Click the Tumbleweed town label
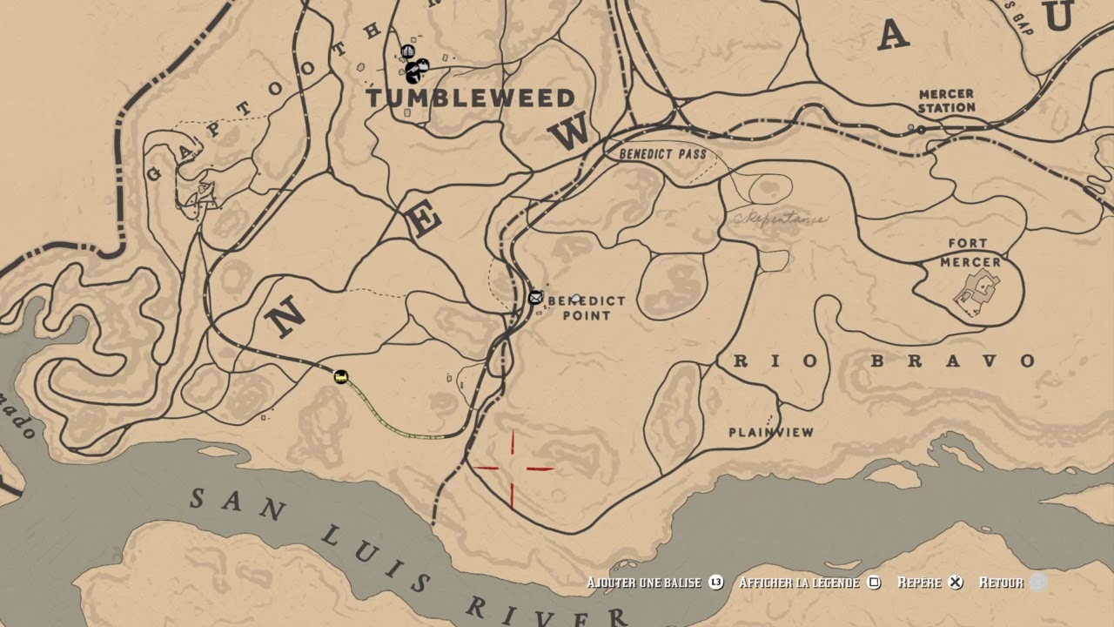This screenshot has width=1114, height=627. tap(470, 98)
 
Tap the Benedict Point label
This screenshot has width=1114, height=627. tap(586, 307)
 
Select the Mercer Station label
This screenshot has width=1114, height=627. tap(946, 101)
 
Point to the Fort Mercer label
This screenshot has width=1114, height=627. tap(970, 253)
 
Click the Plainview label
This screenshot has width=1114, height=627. tap(771, 432)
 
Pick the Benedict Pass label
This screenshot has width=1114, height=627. tap(662, 154)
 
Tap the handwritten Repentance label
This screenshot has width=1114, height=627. tap(781, 219)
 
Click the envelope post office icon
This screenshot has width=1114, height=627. tap(535, 298)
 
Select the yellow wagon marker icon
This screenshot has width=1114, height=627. tap(340, 376)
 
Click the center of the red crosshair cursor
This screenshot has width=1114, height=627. tap(513, 469)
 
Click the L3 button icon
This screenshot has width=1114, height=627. tap(715, 583)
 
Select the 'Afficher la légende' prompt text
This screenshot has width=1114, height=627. tap(799, 583)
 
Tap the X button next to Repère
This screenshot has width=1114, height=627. tap(956, 583)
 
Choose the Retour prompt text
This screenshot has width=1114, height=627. tap(1001, 583)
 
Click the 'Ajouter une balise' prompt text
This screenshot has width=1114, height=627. tap(643, 583)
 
